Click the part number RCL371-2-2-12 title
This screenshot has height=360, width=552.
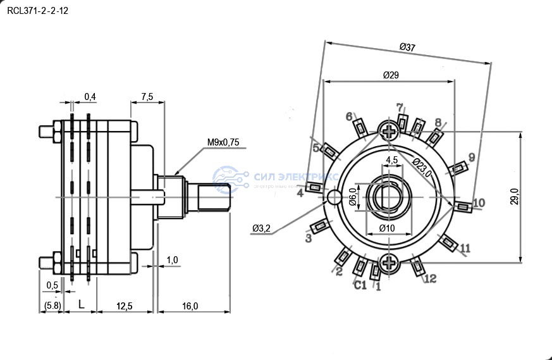pos(37,11)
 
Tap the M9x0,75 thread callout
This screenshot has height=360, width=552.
pos(223,142)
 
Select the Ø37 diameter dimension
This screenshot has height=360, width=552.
pos(407,47)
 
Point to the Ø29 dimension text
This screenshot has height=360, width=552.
pos(391,75)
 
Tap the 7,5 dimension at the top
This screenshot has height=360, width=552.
pos(147,97)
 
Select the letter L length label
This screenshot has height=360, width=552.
pos(81,305)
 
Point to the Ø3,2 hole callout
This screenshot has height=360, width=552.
pos(261,228)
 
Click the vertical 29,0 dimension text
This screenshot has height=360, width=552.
pos(515,197)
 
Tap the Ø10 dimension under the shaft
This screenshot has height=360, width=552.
pos(386,228)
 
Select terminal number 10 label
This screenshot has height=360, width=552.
pos(479,202)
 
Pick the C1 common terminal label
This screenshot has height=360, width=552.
pos(360,285)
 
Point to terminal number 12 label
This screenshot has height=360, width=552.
pos(430,278)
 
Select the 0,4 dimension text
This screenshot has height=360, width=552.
pos(90,97)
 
